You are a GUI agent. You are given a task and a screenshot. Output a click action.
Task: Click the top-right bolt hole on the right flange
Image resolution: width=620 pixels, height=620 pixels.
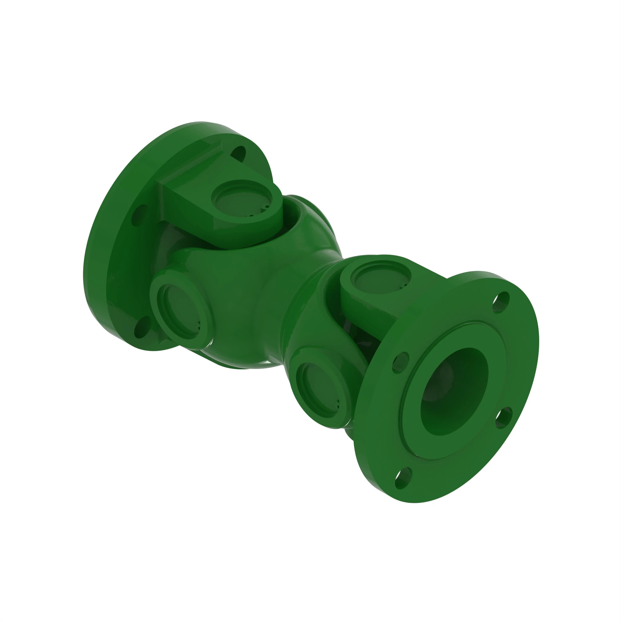point(501,302)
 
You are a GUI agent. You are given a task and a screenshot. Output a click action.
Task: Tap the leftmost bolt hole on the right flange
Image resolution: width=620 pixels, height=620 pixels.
point(401,363)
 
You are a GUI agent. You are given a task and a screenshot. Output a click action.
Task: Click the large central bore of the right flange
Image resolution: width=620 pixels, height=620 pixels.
point(454,392)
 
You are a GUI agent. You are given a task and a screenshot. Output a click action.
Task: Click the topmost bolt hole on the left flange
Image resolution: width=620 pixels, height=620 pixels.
point(238,154)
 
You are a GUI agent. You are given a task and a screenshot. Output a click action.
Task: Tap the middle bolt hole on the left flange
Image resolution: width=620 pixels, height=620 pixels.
point(140,215)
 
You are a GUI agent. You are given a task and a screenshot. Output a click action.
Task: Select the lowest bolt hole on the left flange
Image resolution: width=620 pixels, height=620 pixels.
point(142,327)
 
